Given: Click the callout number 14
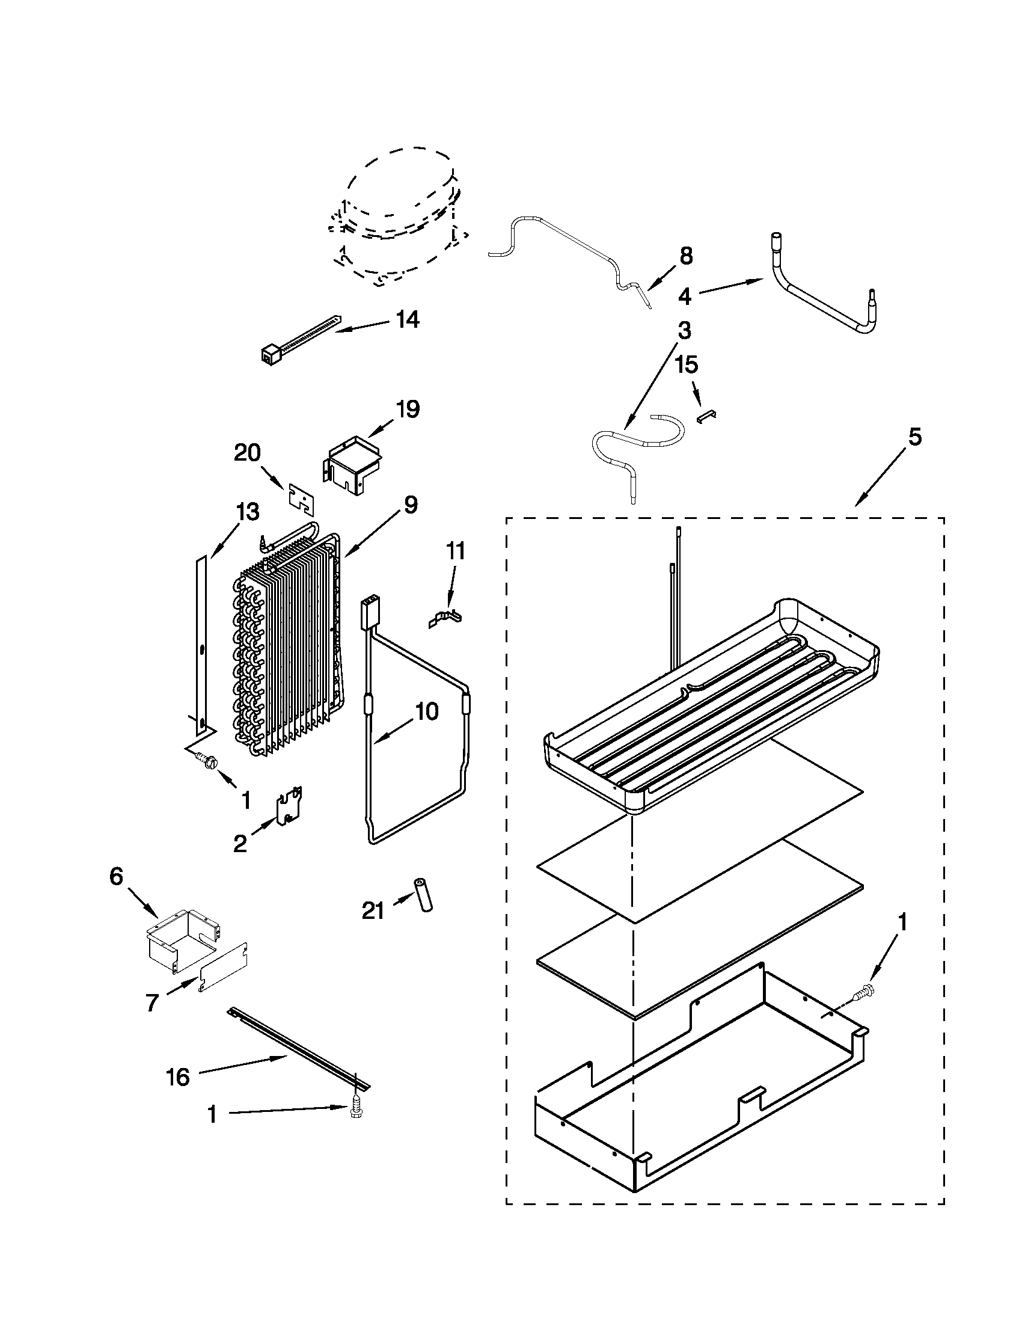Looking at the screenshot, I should tap(408, 319).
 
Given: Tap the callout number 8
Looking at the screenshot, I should tap(685, 256).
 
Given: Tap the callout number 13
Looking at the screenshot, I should tap(248, 512).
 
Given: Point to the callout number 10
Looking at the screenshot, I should tap(427, 712).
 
